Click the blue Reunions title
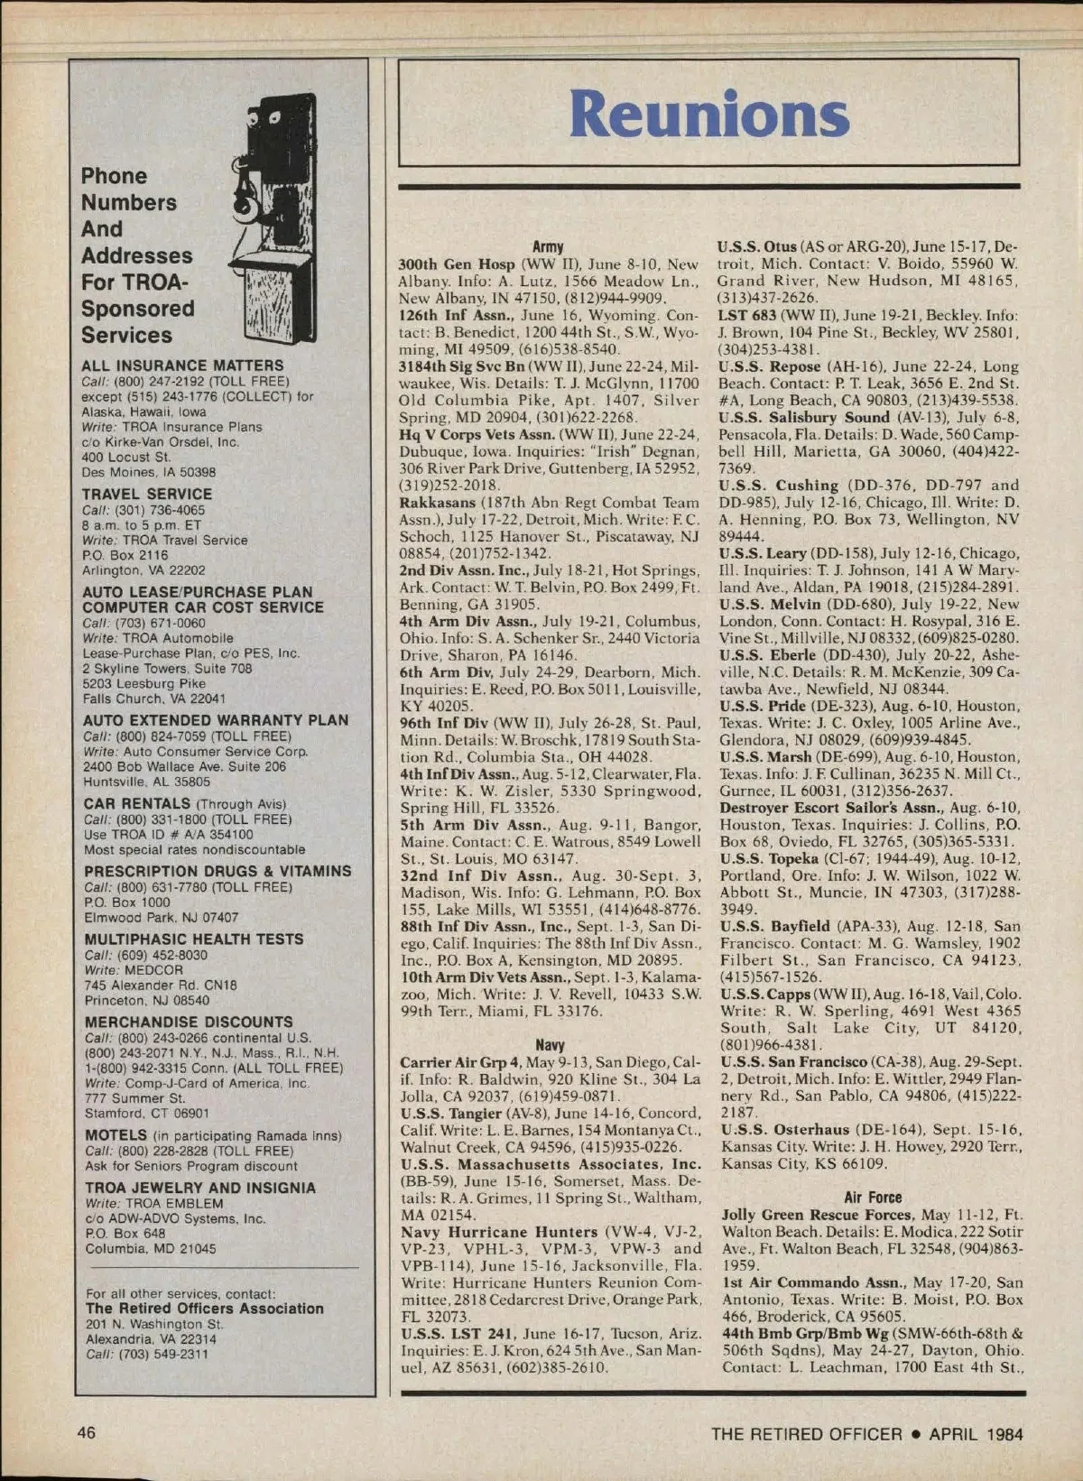pos(708,116)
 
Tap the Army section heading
pos(548,246)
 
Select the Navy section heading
pos(550,1045)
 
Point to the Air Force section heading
pos(873,1198)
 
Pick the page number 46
pos(87,1432)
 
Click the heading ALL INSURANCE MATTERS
pos(182,366)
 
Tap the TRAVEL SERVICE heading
pos(147,494)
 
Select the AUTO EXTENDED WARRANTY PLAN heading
pos(216,720)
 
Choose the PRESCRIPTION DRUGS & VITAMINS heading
pos(218,871)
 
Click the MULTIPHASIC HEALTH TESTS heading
pos(194,939)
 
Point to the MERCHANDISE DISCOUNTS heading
pos(189,1022)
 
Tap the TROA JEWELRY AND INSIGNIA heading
pos(200,1188)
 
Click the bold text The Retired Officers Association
pos(204,1308)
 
